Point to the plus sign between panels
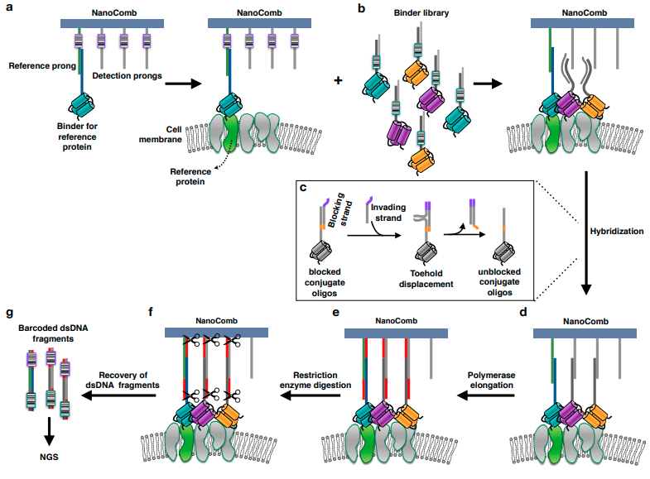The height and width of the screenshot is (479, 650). coord(337,81)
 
